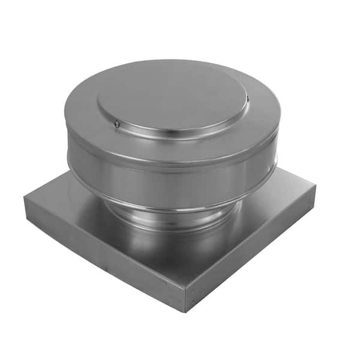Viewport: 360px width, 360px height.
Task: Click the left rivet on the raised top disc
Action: click(x=116, y=124)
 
